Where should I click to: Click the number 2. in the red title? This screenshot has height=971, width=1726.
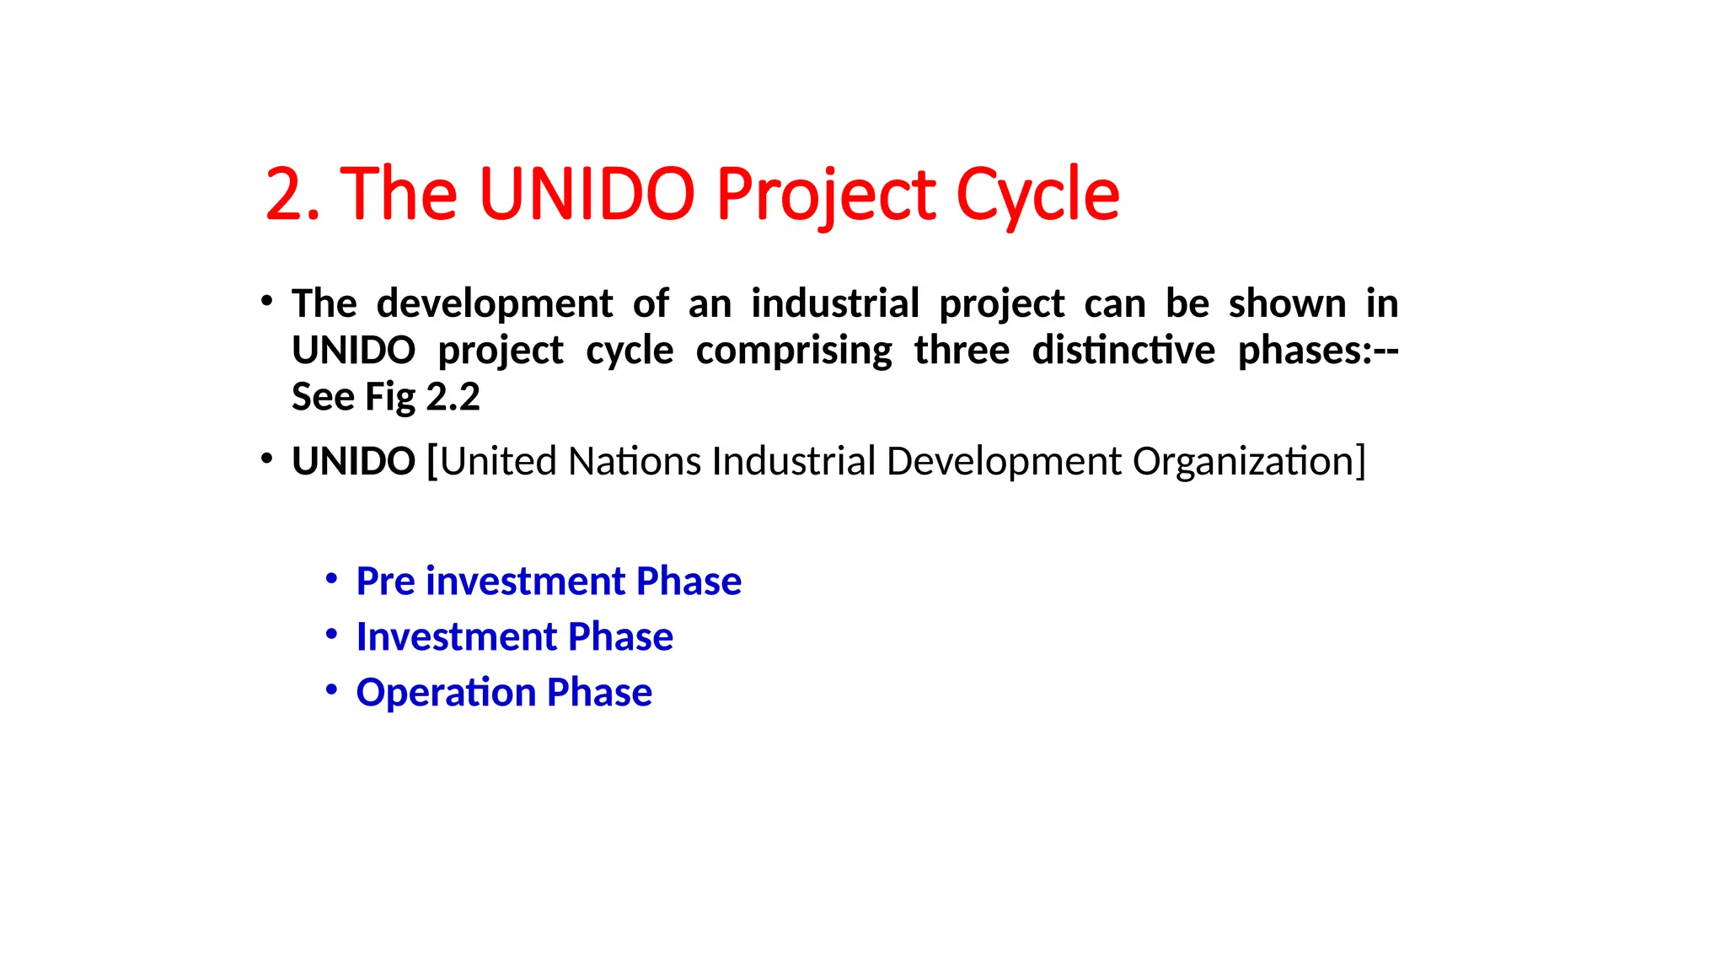292,195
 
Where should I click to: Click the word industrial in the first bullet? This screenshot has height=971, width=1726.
835,303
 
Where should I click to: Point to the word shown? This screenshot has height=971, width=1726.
1287,303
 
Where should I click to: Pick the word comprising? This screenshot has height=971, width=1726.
794,351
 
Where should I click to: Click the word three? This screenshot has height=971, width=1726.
962,351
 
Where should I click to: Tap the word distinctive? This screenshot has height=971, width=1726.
1123,351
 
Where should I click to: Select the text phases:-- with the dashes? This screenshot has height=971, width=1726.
1318,351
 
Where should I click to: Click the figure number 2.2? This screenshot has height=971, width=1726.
453,397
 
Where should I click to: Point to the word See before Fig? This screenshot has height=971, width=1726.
323,397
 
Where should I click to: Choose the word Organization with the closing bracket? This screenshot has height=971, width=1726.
1249,462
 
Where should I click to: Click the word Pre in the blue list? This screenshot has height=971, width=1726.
385,582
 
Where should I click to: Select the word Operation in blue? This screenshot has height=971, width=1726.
446,693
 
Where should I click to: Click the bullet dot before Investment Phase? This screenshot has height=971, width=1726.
332,634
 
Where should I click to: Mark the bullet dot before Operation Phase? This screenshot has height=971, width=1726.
332,689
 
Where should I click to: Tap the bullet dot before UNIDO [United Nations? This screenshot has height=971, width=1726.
267,459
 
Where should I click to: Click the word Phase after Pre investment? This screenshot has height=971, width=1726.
689,582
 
